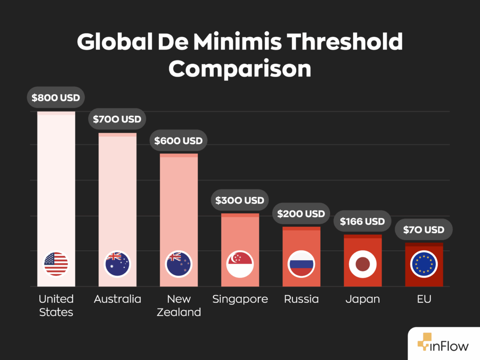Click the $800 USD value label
(x=56, y=98)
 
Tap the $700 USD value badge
(x=117, y=119)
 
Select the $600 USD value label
(x=179, y=141)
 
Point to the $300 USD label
(x=240, y=200)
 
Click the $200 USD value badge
(x=301, y=214)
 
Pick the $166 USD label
(x=362, y=221)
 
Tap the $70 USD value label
(x=424, y=230)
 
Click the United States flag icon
(x=56, y=264)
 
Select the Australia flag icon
(x=117, y=264)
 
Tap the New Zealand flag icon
(x=179, y=264)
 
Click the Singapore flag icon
(x=240, y=264)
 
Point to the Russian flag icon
(x=301, y=264)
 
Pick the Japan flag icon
(x=362, y=264)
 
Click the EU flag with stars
(x=424, y=264)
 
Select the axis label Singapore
(x=240, y=299)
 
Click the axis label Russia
(x=301, y=299)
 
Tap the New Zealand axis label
(x=179, y=306)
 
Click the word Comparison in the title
(x=240, y=68)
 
